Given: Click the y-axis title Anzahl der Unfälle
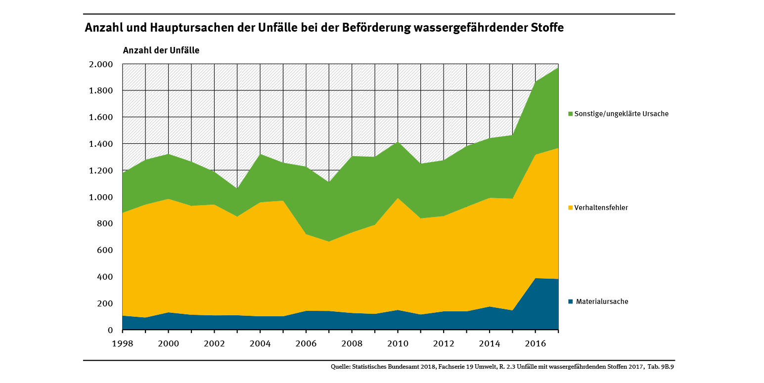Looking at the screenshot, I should click(161, 50).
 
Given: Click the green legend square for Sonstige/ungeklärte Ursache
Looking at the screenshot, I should click(571, 114).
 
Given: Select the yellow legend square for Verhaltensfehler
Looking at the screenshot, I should click(571, 208).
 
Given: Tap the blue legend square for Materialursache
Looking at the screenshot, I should click(571, 301).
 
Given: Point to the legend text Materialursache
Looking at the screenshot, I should click(602, 301).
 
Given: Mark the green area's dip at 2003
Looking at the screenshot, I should click(237, 190).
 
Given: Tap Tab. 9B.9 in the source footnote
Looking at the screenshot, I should click(661, 367).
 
